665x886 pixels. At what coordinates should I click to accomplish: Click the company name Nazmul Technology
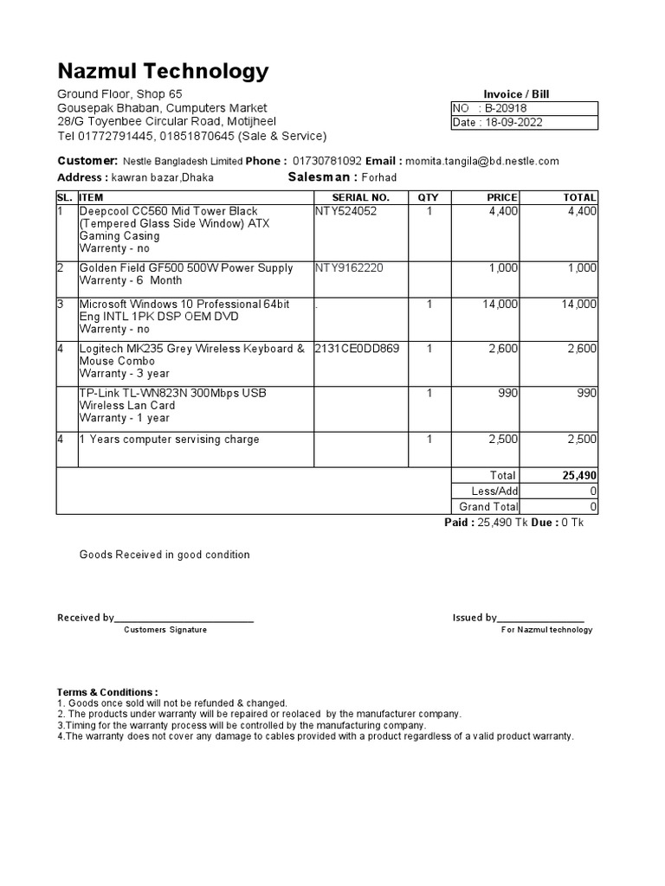pos(163,71)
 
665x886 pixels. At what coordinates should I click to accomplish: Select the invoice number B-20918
pos(506,108)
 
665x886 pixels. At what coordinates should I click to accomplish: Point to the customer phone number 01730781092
pos(327,161)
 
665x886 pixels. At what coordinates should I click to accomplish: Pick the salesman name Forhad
pos(379,178)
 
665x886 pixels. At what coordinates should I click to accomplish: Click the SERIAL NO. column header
pos(361,198)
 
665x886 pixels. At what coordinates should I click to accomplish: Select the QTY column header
pos(429,198)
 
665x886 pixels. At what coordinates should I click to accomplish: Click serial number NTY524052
pos(346,211)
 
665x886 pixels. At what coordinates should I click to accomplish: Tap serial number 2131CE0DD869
pos(357,349)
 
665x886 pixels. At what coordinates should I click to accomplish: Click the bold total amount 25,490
pos(579,476)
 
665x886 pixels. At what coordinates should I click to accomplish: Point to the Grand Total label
pos(488,507)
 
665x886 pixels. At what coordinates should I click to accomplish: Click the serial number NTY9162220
pos(348,268)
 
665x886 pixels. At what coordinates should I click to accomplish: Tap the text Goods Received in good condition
pos(165,555)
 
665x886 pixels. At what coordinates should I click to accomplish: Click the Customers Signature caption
pos(165,630)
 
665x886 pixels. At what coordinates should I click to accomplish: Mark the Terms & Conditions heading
pos(107,692)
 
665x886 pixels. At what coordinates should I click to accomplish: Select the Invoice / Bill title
pos(516,94)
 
